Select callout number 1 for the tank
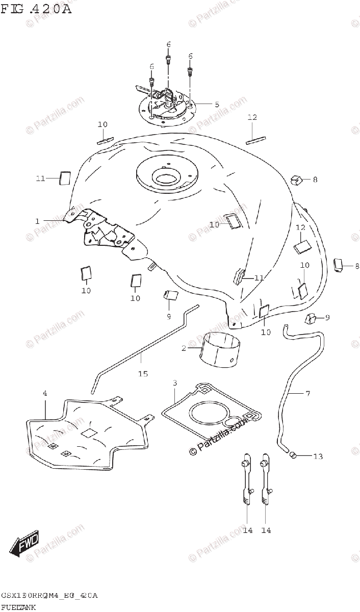tap(37, 221)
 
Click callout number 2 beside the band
tap(184, 348)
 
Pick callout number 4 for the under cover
tap(45, 393)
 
